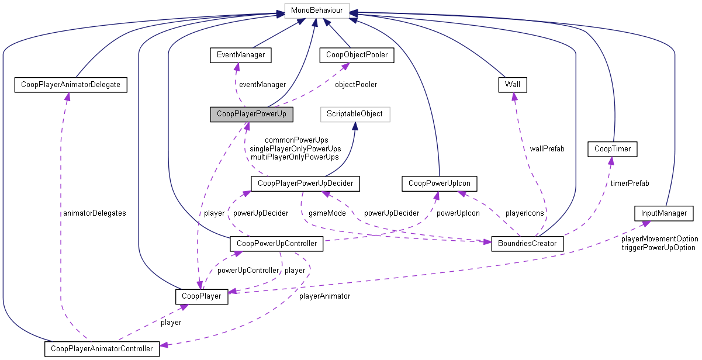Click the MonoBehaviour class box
pyautogui.click(x=317, y=11)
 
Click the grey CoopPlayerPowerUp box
pyautogui.click(x=251, y=113)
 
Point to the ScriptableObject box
pyautogui.click(x=355, y=113)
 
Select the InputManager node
pyautogui.click(x=663, y=213)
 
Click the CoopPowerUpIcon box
pyautogui.click(x=440, y=184)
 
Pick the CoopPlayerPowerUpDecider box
pyautogui.click(x=305, y=184)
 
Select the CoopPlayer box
pyautogui.click(x=201, y=296)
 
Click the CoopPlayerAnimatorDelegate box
pyautogui.click(x=70, y=85)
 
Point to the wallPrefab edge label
pyautogui.click(x=547, y=149)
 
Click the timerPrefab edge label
pyautogui.click(x=630, y=183)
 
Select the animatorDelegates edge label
pyautogui.click(x=94, y=213)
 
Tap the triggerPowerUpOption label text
pyautogui.click(x=658, y=247)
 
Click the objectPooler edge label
pyautogui.click(x=355, y=84)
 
